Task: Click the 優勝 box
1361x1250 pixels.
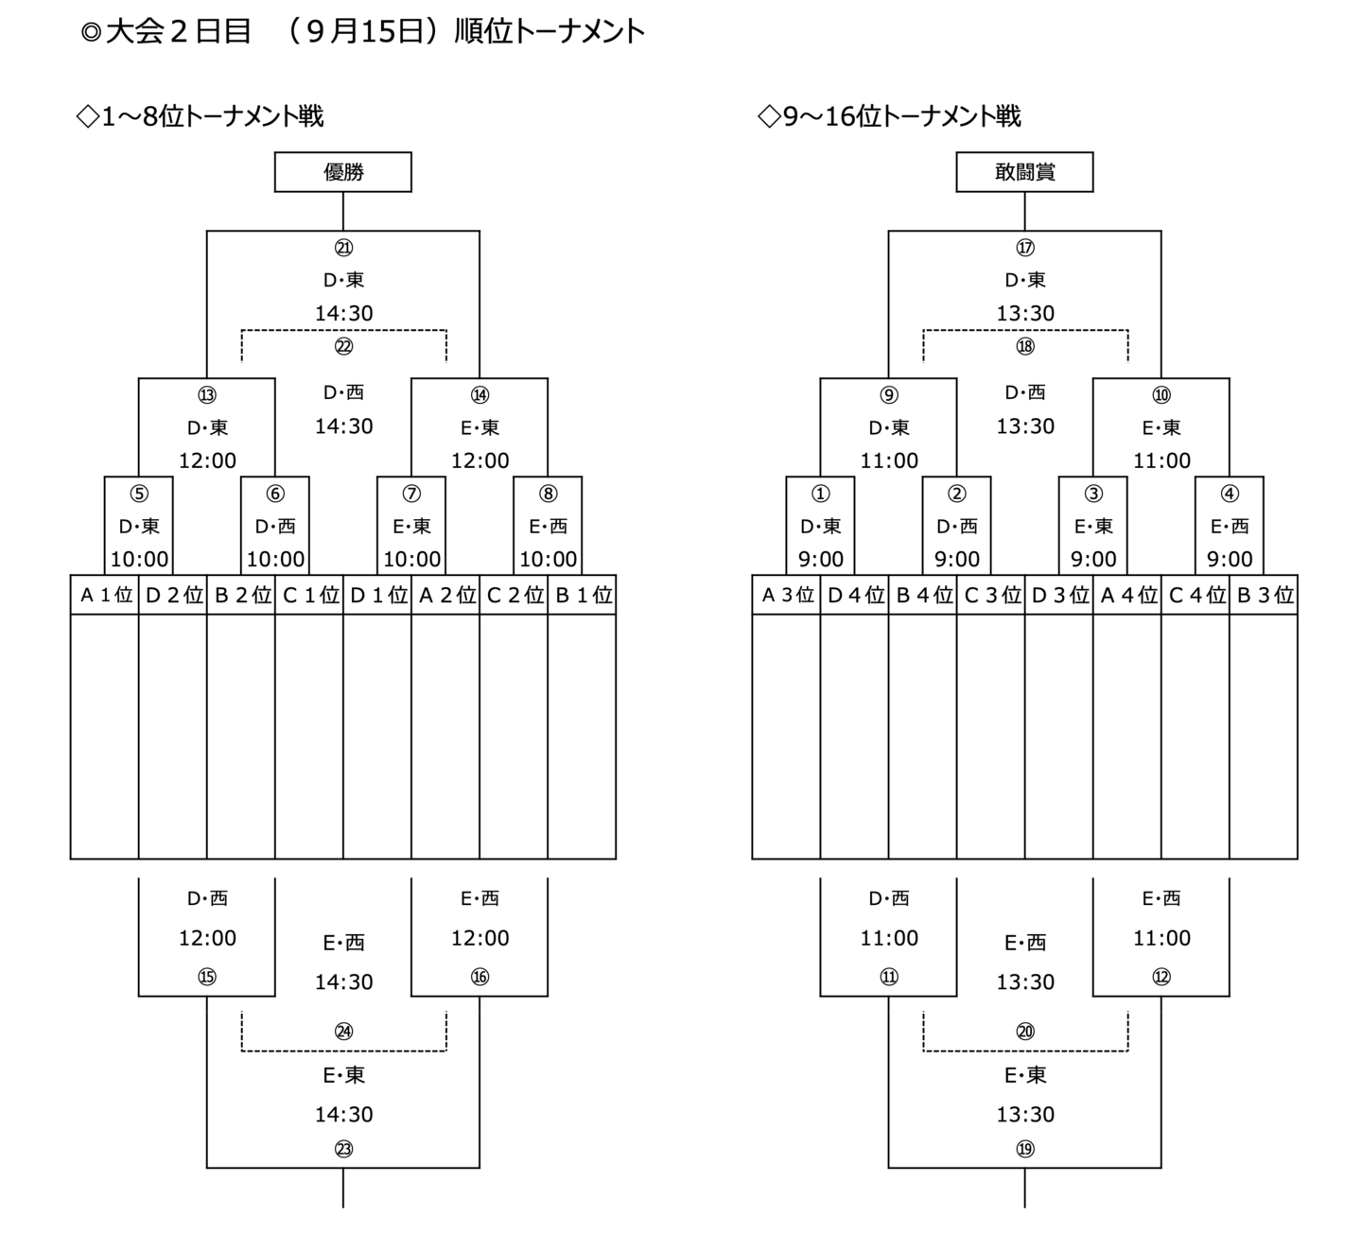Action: [343, 172]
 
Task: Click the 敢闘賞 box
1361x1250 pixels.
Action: [1024, 172]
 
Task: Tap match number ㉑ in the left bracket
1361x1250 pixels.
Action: [343, 248]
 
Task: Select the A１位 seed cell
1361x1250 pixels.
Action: [105, 595]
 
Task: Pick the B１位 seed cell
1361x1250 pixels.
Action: [582, 595]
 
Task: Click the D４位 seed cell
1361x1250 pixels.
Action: [854, 595]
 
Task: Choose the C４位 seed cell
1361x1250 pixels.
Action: [1195, 595]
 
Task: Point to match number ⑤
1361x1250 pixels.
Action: [139, 494]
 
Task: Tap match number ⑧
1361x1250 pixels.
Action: [548, 494]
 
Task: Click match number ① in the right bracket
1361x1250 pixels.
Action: [820, 494]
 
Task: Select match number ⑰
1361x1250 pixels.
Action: [1024, 248]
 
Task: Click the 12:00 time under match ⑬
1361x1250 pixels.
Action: [207, 460]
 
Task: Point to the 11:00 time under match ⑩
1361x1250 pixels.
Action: [1161, 460]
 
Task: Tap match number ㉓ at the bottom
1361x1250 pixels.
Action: [343, 1150]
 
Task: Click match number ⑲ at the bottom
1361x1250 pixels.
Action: [1024, 1150]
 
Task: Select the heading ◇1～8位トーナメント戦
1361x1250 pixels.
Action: [200, 116]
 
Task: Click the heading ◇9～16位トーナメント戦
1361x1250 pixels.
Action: [889, 116]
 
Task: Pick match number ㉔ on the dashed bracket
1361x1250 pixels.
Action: [343, 1032]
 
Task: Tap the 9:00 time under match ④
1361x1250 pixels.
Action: [1229, 559]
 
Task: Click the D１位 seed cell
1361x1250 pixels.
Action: [377, 595]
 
